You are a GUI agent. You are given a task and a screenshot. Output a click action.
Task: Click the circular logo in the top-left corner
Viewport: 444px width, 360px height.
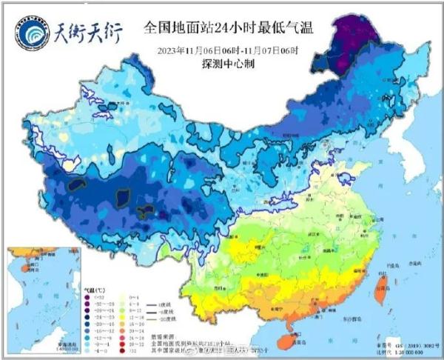[30, 31]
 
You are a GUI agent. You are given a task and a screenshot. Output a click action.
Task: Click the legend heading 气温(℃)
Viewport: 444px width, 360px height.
[92, 287]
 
